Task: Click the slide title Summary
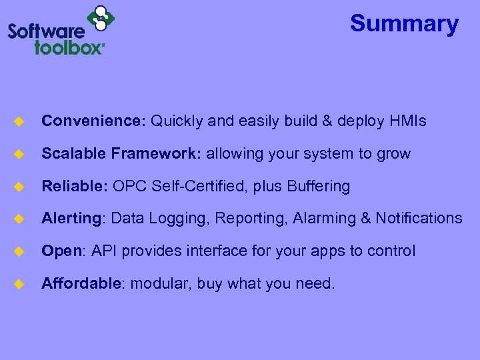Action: click(x=404, y=24)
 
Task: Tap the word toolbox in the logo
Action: click(x=70, y=47)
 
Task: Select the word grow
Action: click(x=394, y=154)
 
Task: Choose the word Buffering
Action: click(x=318, y=187)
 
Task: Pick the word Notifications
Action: click(x=419, y=219)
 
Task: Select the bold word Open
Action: click(x=61, y=251)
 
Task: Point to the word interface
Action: click(x=207, y=251)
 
